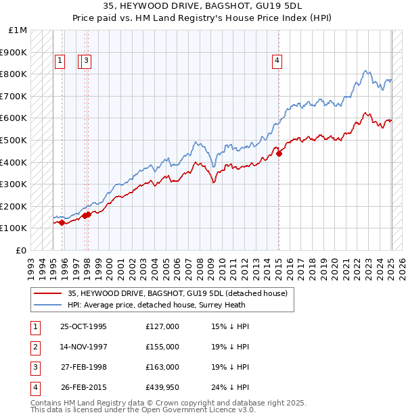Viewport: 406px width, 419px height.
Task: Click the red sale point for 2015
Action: click(279, 153)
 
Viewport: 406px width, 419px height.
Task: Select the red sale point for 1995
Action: click(62, 222)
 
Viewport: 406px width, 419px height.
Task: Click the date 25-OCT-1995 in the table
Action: click(83, 327)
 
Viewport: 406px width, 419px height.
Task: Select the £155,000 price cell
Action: click(162, 347)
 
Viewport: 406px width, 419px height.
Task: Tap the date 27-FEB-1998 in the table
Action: click(83, 368)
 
